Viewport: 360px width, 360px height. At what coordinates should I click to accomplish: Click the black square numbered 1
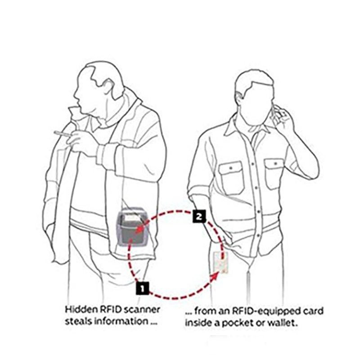tap(142, 288)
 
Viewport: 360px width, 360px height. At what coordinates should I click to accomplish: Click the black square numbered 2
tap(199, 216)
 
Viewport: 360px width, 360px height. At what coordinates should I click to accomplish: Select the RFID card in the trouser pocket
tap(220, 263)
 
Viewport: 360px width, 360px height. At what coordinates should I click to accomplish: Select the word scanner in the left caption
tap(142, 310)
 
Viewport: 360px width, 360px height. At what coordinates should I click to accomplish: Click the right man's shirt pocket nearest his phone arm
tap(274, 174)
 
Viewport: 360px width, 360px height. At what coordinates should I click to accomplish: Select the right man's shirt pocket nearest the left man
tap(231, 177)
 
